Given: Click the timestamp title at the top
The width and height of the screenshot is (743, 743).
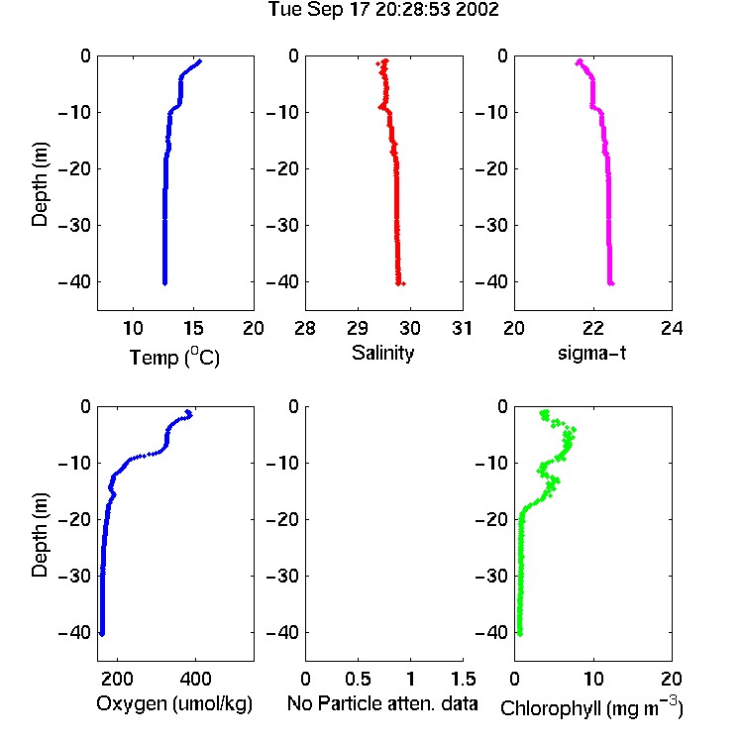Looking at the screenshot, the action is [383, 9].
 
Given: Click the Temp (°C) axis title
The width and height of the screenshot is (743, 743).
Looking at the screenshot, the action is [174, 357].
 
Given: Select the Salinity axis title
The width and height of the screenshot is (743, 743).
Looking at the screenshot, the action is [382, 353].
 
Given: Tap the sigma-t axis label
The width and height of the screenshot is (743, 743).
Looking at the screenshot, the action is [591, 353].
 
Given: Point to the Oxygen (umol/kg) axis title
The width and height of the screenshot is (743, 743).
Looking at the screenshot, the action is [174, 703].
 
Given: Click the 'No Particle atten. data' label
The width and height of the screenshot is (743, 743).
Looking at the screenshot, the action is [382, 703].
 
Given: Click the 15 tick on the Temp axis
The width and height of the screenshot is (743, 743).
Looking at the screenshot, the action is [193, 328].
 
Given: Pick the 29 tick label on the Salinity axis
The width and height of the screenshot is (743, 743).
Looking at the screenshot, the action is [358, 328].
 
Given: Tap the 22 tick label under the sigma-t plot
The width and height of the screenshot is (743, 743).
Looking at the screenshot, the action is [593, 328].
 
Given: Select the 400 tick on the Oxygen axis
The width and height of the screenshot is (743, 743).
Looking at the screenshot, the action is [195, 679].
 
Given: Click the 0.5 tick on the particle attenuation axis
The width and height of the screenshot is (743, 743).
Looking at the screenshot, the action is [358, 679].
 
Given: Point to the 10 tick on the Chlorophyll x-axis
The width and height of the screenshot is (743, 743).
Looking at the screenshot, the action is [593, 679].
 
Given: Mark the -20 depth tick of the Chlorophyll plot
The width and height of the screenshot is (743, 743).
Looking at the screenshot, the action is [491, 519].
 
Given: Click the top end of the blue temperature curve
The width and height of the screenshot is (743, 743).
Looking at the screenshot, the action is [200, 60].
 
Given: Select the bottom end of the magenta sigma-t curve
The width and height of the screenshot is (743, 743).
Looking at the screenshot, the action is [611, 284].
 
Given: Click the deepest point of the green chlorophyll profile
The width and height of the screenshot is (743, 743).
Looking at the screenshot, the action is [519, 634].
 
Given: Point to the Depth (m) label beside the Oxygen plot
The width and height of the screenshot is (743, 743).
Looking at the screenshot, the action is [40, 535].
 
